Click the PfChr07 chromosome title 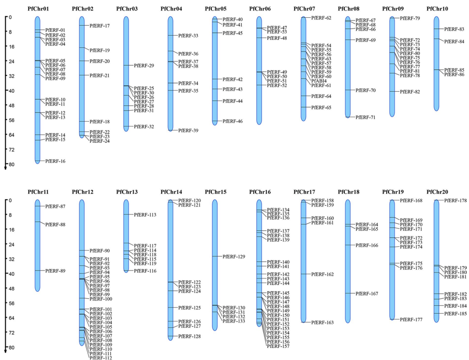pyautogui.click(x=305, y=8)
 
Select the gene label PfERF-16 pyautogui.click(x=55, y=162)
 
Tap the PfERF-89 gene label pyautogui.click(x=55, y=271)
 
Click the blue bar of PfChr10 pyautogui.click(x=436, y=63)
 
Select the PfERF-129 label pyautogui.click(x=234, y=257)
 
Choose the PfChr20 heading pyautogui.click(x=438, y=191)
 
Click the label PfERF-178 pyautogui.click(x=455, y=201)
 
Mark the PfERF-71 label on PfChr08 pyautogui.click(x=365, y=118)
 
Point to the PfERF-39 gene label pyautogui.click(x=189, y=131)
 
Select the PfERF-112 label pyautogui.click(x=100, y=358)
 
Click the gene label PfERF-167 pyautogui.click(x=367, y=294)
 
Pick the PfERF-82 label pyautogui.click(x=410, y=92)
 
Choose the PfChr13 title pyautogui.click(x=127, y=191)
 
